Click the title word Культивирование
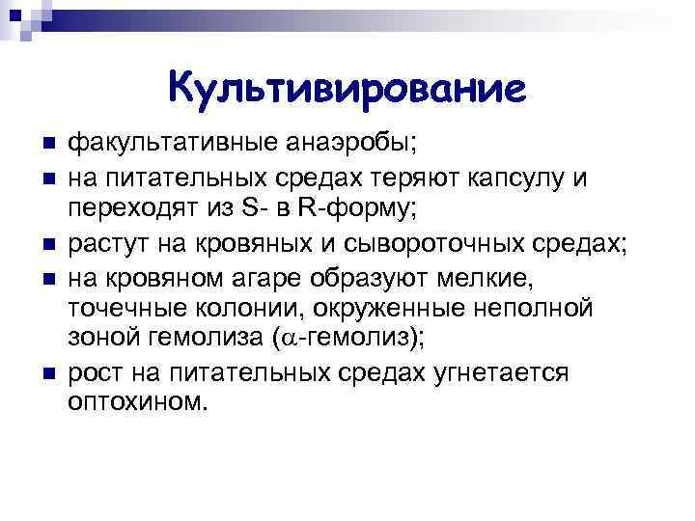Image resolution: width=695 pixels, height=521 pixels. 347,89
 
